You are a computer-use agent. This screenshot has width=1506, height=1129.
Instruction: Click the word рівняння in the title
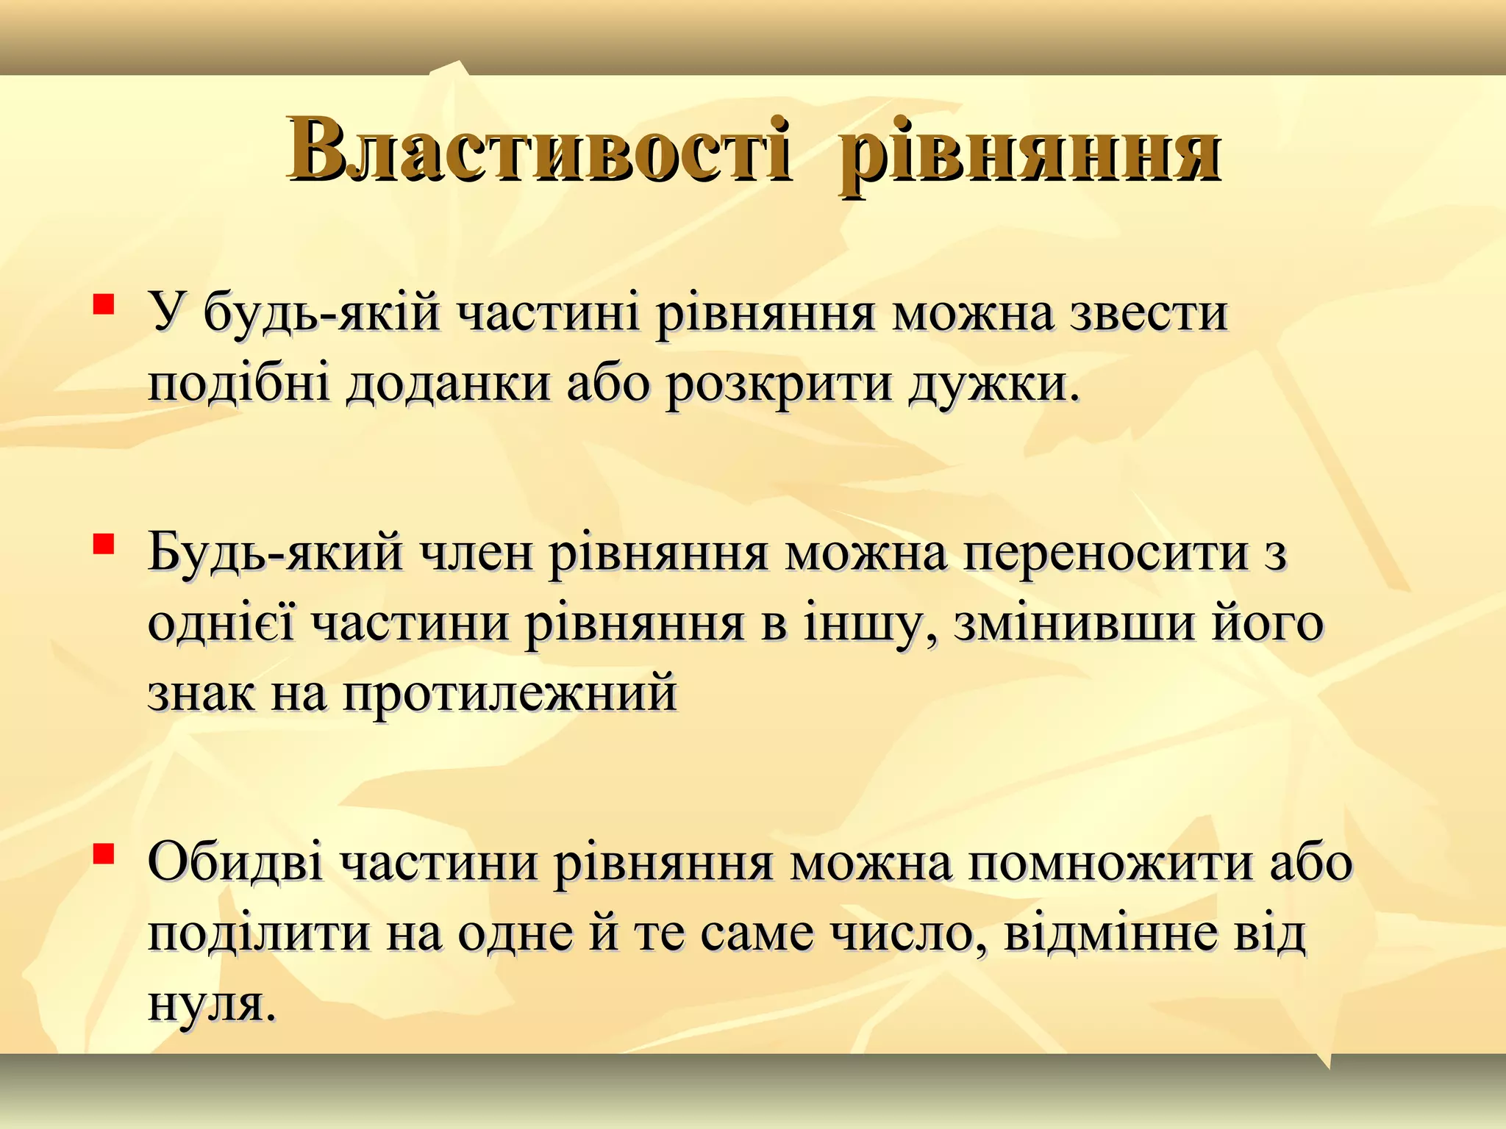click(x=1029, y=151)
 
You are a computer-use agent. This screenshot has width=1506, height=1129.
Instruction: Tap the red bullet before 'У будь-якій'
click(x=103, y=304)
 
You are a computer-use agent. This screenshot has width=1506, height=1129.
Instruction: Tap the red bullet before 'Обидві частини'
click(x=103, y=853)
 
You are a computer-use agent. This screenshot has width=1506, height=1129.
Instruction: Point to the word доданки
click(x=448, y=384)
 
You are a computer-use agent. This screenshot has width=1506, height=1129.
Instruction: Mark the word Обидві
click(x=235, y=861)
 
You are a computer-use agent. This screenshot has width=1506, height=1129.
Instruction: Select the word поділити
click(x=257, y=933)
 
